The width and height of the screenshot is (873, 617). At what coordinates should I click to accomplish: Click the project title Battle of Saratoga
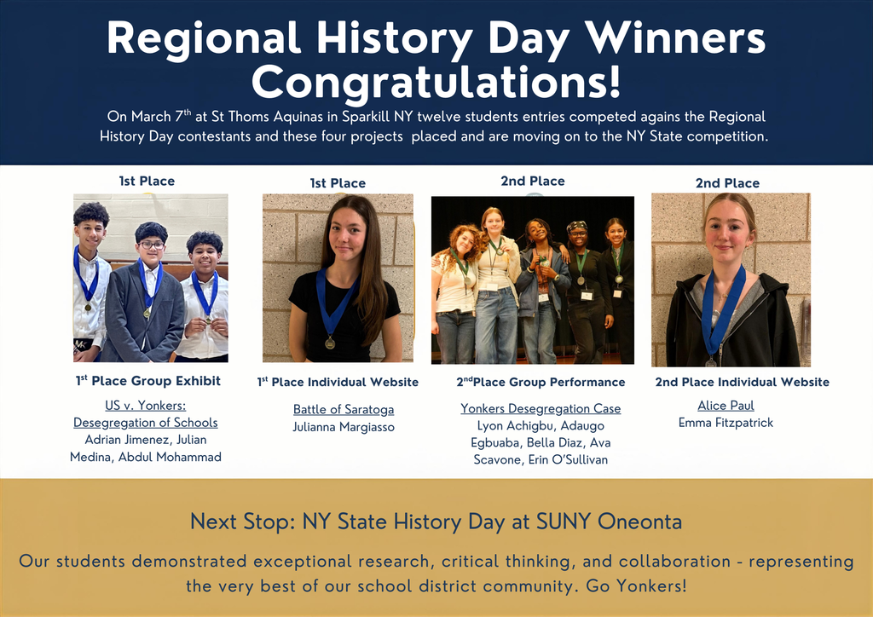pos(344,410)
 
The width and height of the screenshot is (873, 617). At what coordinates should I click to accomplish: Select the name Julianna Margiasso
pos(344,427)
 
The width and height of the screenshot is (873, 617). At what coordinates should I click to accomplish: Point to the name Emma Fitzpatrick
pos(726,423)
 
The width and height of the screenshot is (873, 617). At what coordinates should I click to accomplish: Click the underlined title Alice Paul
pos(726,406)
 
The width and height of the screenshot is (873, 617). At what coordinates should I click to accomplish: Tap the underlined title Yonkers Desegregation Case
pos(541,409)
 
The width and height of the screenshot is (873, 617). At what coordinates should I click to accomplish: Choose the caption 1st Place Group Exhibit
pos(148,381)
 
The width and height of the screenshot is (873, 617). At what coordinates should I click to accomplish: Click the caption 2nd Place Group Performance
pos(541,382)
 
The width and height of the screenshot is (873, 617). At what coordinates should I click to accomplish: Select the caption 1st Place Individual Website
pos(338,382)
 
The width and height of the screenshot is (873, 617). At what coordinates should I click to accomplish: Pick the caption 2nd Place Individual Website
pos(742,382)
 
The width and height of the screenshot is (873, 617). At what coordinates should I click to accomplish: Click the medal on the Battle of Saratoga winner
pos(330,343)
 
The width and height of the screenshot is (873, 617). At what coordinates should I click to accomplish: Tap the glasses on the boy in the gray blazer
pos(150,245)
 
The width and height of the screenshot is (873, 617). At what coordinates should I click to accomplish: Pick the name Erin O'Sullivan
pos(570,459)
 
